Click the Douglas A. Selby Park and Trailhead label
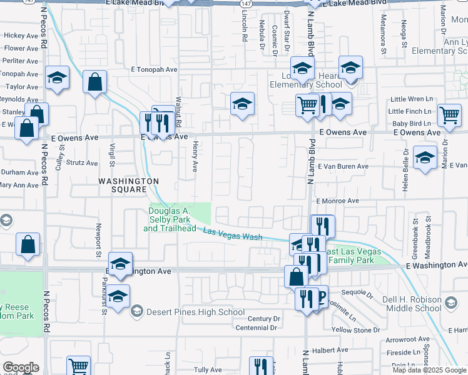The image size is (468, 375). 170,219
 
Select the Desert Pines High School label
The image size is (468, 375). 196,312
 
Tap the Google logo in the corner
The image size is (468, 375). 21,367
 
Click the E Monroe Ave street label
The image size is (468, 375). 337,201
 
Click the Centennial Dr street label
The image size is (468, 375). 256,327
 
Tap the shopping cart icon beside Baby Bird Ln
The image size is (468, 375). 449,115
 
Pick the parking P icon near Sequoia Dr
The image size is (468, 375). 321,297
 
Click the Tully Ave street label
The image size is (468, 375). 208,370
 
